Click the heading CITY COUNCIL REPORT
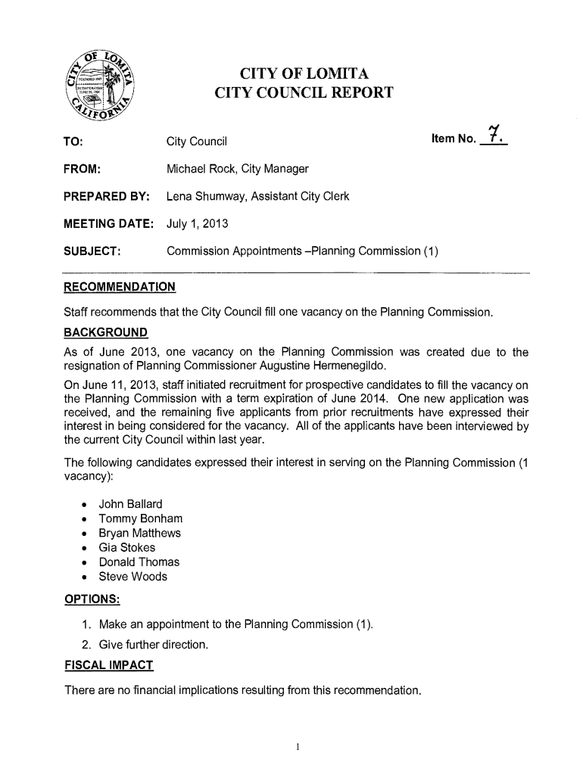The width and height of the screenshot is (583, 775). pyautogui.click(x=304, y=93)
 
